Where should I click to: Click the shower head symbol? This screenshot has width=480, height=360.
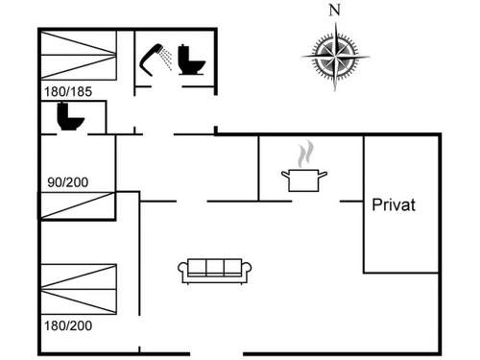[x=151, y=60]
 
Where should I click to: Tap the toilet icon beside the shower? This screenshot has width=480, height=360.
[x=191, y=60]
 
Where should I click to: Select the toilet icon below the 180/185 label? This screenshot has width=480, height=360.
[x=70, y=116]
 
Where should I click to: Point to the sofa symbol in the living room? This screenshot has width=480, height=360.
[x=214, y=271]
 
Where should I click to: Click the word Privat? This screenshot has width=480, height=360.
[x=394, y=204]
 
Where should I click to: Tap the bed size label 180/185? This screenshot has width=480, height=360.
[x=68, y=92]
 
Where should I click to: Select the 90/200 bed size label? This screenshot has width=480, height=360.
[x=68, y=182]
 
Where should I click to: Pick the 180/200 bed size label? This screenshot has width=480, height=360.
[x=68, y=325]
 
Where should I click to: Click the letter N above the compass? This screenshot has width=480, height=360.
[x=335, y=11]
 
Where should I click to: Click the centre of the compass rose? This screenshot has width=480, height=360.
[x=335, y=57]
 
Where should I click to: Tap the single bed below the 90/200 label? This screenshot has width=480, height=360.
[x=77, y=205]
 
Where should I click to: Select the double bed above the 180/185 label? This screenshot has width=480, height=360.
[x=79, y=55]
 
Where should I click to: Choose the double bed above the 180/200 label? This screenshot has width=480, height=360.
[x=79, y=289]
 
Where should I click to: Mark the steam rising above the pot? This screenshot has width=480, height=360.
[x=305, y=155]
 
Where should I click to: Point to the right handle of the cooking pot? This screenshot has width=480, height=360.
[x=324, y=175]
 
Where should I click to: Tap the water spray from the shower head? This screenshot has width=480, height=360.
[x=166, y=59]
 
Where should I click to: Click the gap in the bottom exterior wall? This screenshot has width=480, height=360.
[x=217, y=353]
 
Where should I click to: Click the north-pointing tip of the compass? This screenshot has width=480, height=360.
[x=336, y=22]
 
